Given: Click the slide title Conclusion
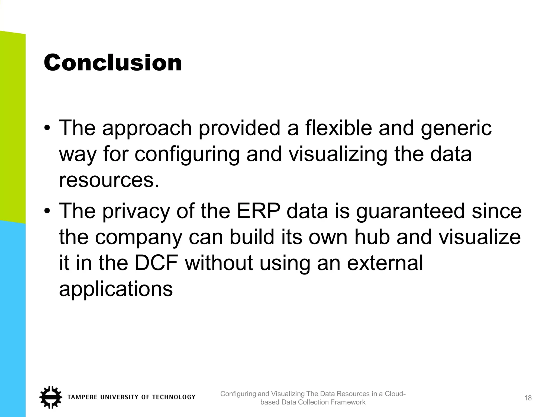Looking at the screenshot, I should [x=113, y=63].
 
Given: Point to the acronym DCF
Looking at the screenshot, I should [x=156, y=263].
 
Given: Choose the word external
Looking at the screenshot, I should [x=385, y=263].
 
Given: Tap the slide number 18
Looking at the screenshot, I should [x=528, y=398].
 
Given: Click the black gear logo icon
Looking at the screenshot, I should [x=50, y=397].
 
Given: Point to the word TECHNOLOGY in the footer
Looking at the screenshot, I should [x=173, y=397].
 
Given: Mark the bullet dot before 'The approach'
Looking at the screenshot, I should [x=47, y=128].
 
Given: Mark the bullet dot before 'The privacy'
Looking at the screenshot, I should [x=47, y=211].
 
